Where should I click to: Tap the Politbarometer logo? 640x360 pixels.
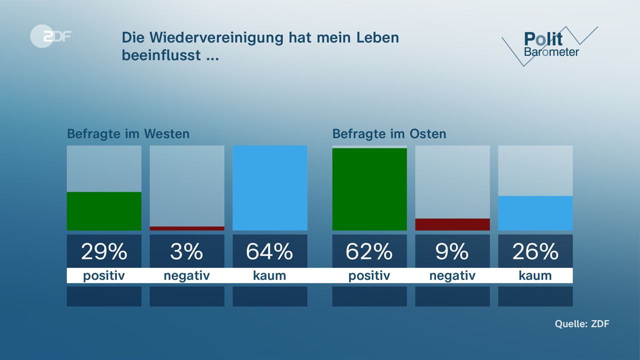point(550,45)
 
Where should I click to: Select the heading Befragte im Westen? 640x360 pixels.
point(128,134)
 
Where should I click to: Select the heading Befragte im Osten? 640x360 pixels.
point(389,134)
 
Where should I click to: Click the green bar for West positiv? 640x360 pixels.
point(104,211)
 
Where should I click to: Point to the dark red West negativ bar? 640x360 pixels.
point(187,228)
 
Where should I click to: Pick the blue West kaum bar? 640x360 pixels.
point(270,188)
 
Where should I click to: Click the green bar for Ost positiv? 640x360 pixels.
point(369,189)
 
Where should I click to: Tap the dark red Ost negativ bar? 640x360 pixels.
point(452,224)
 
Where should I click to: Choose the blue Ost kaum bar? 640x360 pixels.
point(535,213)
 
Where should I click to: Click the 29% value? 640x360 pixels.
point(104,252)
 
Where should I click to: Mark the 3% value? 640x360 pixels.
point(186,252)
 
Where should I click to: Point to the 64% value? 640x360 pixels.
point(269,252)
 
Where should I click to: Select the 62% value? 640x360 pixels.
point(369,252)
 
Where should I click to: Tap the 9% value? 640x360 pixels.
point(452,252)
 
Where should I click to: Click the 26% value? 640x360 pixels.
point(535,252)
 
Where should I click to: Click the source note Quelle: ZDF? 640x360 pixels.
point(582,323)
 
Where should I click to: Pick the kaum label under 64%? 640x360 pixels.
point(269,275)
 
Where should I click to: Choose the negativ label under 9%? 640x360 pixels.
point(452,275)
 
